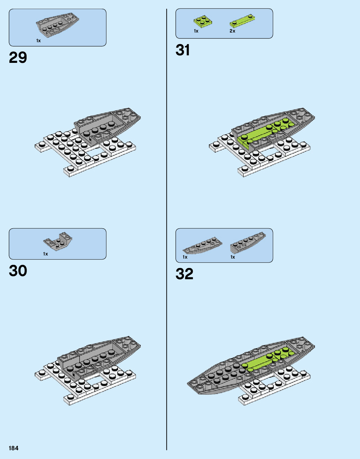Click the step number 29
[x=18, y=58]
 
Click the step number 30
[x=18, y=271]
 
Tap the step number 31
[x=183, y=50]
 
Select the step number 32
[x=184, y=274]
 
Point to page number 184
[x=13, y=448]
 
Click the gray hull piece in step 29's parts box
[x=57, y=24]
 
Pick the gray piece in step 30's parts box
[x=58, y=241]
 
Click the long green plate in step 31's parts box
[x=242, y=20]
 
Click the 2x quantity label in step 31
[x=232, y=31]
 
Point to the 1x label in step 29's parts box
[x=38, y=41]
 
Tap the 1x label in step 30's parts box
[x=46, y=254]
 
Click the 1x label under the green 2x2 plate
[x=196, y=31]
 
